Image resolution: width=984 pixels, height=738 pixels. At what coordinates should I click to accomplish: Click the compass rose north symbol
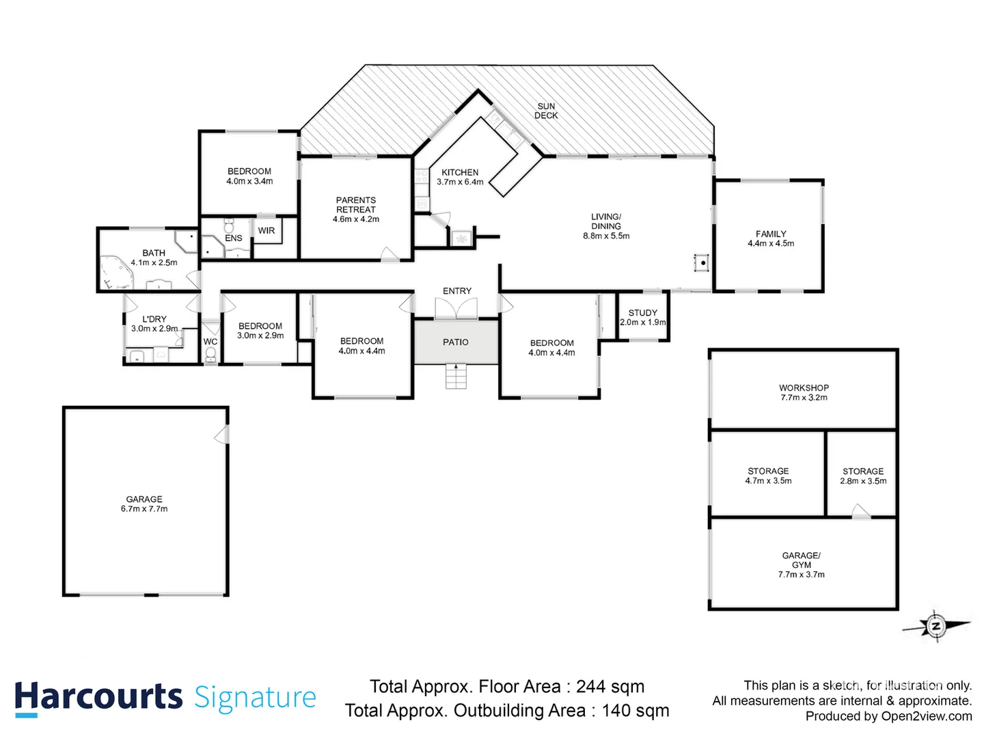tap(935, 625)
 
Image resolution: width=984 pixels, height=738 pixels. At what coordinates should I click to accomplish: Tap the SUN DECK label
tap(546, 111)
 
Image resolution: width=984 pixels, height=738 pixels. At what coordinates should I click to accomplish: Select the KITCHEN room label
tap(460, 172)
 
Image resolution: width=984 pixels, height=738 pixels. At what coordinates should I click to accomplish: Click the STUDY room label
tap(642, 312)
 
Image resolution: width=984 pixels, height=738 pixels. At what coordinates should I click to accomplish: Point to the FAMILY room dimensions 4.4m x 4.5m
tap(771, 243)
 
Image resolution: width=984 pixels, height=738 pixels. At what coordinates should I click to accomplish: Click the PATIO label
tap(456, 342)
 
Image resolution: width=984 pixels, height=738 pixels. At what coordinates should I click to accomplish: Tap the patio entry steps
tap(456, 376)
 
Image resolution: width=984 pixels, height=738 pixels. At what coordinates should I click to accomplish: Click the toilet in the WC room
tap(210, 354)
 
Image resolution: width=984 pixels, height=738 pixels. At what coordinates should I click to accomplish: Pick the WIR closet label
tap(266, 231)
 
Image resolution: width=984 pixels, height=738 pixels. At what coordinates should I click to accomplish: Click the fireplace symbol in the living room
tap(702, 262)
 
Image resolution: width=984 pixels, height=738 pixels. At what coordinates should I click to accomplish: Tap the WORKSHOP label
tap(804, 387)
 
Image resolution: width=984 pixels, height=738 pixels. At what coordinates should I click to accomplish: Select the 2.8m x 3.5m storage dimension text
tap(863, 481)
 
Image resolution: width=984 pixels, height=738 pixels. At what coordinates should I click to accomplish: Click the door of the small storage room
tap(860, 511)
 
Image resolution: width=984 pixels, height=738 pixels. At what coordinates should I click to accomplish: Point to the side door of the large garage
tap(222, 434)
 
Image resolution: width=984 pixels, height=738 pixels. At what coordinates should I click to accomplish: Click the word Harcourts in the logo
tap(98, 697)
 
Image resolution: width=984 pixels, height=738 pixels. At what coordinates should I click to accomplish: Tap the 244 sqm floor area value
tap(610, 686)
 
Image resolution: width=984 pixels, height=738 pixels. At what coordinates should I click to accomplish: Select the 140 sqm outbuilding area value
tap(635, 711)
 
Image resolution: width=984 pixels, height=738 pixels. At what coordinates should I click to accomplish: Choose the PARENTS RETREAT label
tap(356, 205)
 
